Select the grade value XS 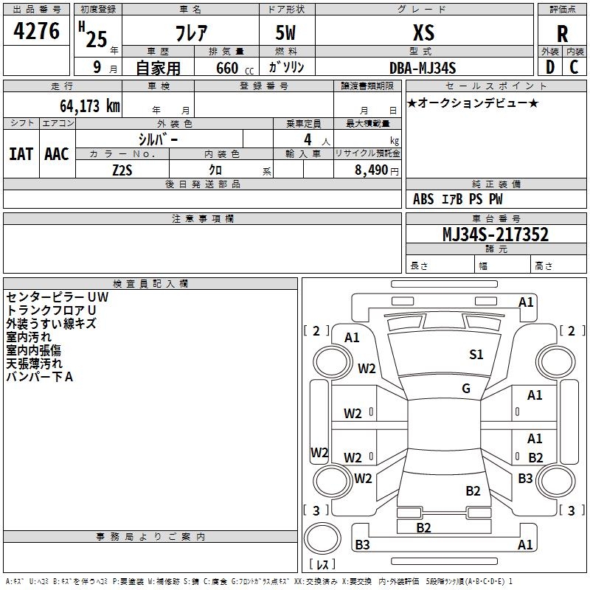(x=423, y=32)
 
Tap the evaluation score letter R (x=563, y=34)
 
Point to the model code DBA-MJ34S (x=423, y=68)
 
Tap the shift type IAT (x=21, y=154)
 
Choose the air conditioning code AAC (x=57, y=154)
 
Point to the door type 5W (x=287, y=32)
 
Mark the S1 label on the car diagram (x=476, y=355)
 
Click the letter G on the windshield (x=466, y=389)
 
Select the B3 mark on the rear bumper (x=362, y=545)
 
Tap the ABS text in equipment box (x=423, y=199)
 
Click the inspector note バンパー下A (x=40, y=377)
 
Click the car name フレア (x=190, y=32)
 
